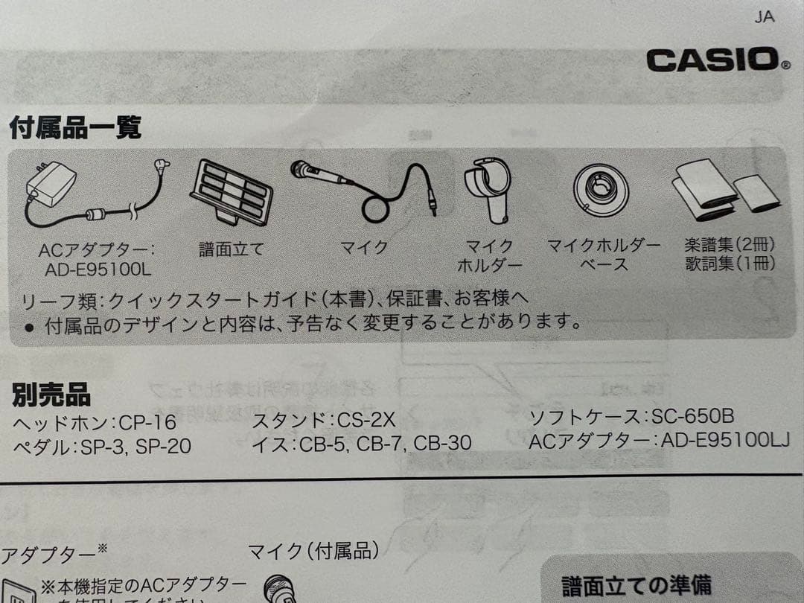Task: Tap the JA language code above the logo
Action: pyautogui.click(x=764, y=17)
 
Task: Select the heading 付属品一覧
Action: pyautogui.click(x=74, y=128)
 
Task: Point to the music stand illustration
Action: pyautogui.click(x=231, y=191)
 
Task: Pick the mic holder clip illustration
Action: pyautogui.click(x=488, y=189)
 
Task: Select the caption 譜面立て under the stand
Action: pyautogui.click(x=232, y=249)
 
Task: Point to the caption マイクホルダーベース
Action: pyautogui.click(x=604, y=255)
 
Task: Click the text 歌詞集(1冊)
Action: pyautogui.click(x=730, y=264)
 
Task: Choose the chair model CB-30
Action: pyautogui.click(x=442, y=444)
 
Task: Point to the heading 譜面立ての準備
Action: pyautogui.click(x=636, y=585)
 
